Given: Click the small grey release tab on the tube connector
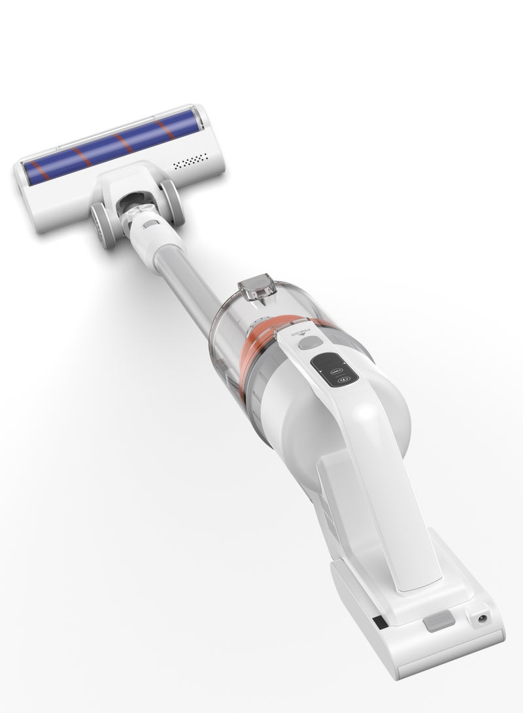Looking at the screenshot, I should (x=150, y=224).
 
